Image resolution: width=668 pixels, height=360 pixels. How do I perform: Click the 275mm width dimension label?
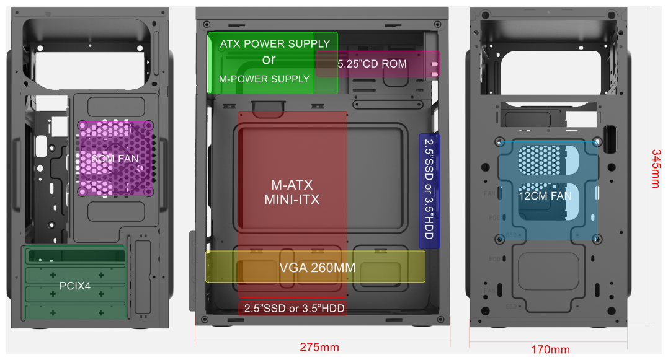click(x=319, y=348)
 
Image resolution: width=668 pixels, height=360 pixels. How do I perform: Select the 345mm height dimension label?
click(x=655, y=168)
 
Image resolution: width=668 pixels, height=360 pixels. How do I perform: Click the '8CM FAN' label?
click(x=115, y=159)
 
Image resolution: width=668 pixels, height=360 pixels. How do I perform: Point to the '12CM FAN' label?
click(x=545, y=196)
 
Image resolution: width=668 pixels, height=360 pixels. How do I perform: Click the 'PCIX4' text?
click(x=75, y=286)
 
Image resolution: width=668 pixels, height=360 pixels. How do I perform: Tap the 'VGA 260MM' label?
click(x=317, y=268)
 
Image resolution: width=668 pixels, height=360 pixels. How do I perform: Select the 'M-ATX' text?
click(x=292, y=185)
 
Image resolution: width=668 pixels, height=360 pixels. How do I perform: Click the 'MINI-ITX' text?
click(x=292, y=200)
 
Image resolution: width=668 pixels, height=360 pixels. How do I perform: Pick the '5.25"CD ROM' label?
click(x=372, y=64)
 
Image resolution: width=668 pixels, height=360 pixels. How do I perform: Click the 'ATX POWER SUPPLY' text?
click(x=275, y=44)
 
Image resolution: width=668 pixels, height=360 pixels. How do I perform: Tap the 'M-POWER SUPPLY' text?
click(x=264, y=79)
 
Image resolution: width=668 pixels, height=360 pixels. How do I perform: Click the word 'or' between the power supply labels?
click(x=269, y=60)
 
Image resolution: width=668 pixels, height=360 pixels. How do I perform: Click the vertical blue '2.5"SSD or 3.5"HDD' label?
click(x=429, y=190)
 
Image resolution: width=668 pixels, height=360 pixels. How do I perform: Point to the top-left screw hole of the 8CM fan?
click(x=82, y=126)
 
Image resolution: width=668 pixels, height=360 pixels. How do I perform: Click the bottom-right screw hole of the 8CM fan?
click(x=149, y=191)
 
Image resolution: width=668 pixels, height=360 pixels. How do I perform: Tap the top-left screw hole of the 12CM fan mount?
click(x=502, y=141)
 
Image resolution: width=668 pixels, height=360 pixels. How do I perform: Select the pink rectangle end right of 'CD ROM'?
click(x=434, y=64)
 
